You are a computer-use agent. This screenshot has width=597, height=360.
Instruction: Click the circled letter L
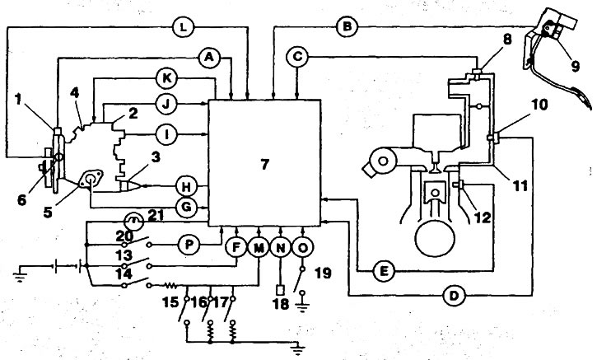coord(183,27)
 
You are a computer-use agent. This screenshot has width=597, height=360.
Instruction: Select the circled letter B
coord(347,27)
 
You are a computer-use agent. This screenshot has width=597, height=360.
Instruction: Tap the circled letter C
coord(297,57)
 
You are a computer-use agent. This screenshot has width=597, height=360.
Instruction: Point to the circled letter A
coord(209,58)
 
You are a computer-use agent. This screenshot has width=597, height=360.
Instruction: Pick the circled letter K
coord(167,79)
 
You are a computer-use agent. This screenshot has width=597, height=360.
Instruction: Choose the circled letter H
coord(187,187)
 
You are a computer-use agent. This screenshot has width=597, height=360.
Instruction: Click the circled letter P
coord(189,245)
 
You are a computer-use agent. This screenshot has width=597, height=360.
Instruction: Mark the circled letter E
coord(384,271)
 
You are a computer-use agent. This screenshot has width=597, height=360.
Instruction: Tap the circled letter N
coord(281,248)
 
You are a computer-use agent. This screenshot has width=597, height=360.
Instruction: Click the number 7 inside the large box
coord(264,164)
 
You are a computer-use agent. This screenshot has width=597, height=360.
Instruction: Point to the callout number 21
coord(156,216)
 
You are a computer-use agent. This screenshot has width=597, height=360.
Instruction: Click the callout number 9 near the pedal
coord(575,66)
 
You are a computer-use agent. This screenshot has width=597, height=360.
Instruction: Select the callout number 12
coord(483,217)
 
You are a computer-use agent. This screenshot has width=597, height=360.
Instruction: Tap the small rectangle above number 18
coord(280,289)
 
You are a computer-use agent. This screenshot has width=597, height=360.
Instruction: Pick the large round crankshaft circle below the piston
coord(435,239)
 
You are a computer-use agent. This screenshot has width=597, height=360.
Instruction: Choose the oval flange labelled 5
coord(91,179)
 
